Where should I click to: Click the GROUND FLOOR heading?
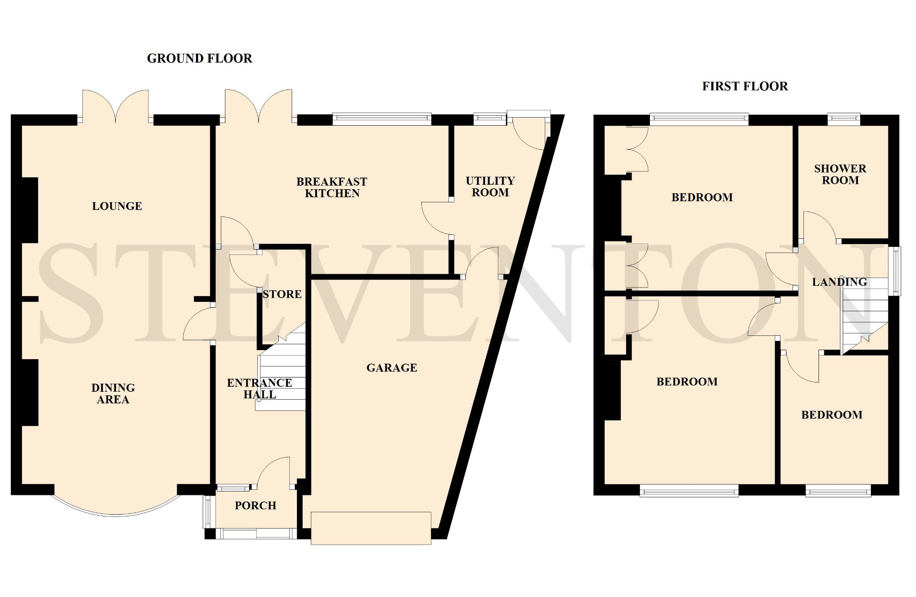(x=199, y=59)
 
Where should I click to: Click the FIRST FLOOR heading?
(x=745, y=86)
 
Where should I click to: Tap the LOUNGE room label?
(x=117, y=206)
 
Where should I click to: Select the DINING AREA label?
(x=113, y=394)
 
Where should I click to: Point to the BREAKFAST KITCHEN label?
(x=332, y=187)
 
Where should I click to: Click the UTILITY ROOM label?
(x=490, y=186)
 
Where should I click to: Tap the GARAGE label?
(x=392, y=368)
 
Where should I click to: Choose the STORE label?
(x=282, y=294)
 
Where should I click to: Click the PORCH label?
(x=256, y=505)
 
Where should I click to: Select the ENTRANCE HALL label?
(x=259, y=389)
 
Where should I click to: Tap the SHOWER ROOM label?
(x=840, y=174)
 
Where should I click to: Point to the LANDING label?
(x=840, y=282)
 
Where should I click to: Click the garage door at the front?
(x=371, y=528)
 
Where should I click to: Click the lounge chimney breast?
(x=30, y=210)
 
